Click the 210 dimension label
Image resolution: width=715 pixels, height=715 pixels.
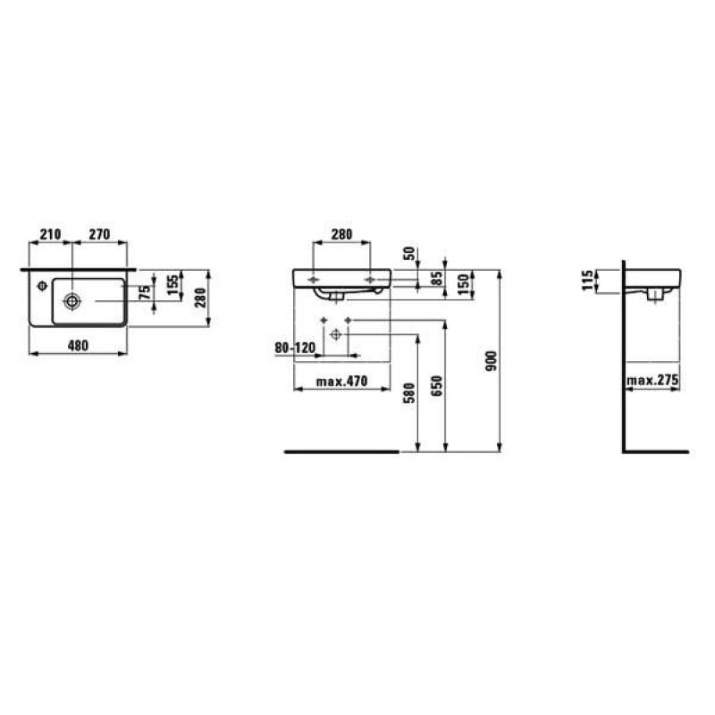(50, 234)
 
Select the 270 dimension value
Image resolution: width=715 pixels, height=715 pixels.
(97, 234)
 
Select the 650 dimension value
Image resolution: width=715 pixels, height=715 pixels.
(437, 385)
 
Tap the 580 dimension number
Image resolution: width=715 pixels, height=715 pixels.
(409, 393)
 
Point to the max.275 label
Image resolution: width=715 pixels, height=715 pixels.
(653, 381)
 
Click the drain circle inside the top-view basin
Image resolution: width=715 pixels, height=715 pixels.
(71, 299)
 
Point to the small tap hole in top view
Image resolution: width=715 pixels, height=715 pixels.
(42, 287)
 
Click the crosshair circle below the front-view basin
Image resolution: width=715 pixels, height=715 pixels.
(336, 334)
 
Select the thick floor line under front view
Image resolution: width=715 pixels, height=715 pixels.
(341, 452)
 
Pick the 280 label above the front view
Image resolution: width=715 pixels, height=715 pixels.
(341, 234)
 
